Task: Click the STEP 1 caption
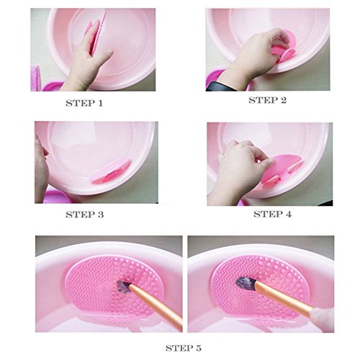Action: pos(84,103)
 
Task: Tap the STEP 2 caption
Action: pos(268,100)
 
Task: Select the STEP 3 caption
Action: pos(85,215)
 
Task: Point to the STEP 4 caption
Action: pos(273,214)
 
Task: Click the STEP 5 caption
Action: pos(184,348)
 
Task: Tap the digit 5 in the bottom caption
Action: pos(199,348)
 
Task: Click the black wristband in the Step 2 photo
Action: pos(220,86)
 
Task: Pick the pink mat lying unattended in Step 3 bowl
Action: pos(112,171)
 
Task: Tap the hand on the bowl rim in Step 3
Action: pos(41,168)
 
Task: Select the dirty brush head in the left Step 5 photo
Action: pos(124,286)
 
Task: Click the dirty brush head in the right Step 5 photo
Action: pos(243,283)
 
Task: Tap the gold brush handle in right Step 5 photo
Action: pos(283,296)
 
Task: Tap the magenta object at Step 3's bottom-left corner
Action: pos(55,197)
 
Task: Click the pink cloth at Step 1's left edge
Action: pos(35,78)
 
